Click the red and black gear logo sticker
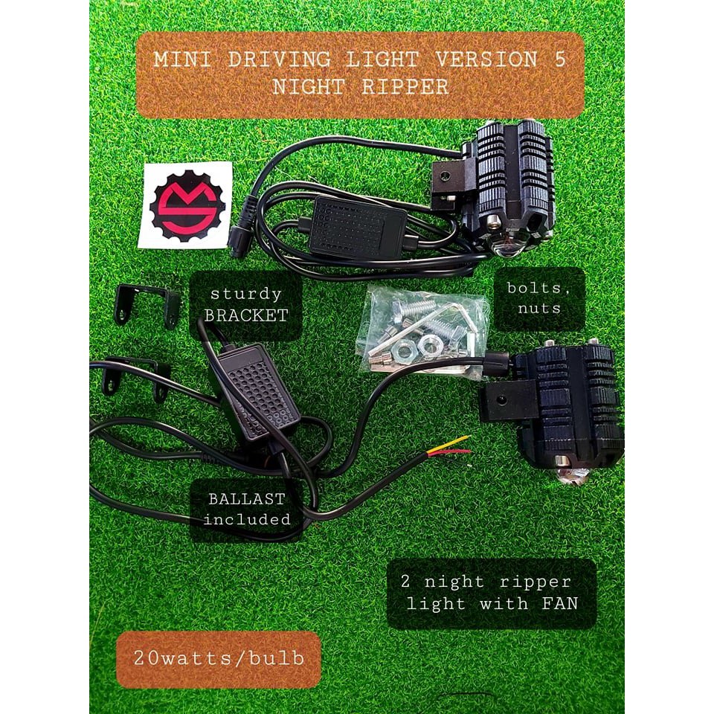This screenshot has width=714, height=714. [x=184, y=205]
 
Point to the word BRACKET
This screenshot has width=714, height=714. [x=246, y=315]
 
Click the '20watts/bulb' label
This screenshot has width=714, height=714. [x=218, y=659]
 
